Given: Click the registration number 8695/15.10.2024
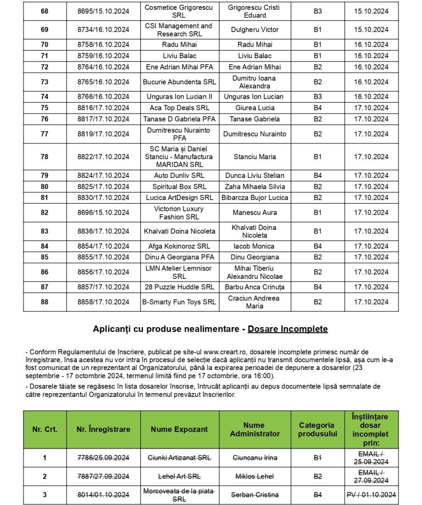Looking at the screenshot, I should pos(103,12).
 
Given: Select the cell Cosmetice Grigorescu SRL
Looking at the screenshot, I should pos(179,12).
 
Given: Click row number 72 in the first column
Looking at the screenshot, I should pos(45,67).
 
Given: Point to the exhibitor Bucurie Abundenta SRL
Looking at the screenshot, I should pos(180,82).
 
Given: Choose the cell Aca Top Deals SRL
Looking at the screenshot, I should pos(180,108).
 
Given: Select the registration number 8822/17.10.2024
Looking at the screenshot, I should pos(103,157).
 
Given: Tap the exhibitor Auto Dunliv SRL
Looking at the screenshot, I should pos(180,176).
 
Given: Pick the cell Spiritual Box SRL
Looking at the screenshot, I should pos(180,187).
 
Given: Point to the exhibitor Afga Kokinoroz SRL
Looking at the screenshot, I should pos(180,246).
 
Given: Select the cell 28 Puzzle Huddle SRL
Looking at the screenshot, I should pos(180,287).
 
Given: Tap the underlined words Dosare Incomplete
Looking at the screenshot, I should pos(287,329).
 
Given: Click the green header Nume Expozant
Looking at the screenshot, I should pos(180,429).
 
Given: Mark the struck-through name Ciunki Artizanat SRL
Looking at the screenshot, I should pos(180,457).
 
